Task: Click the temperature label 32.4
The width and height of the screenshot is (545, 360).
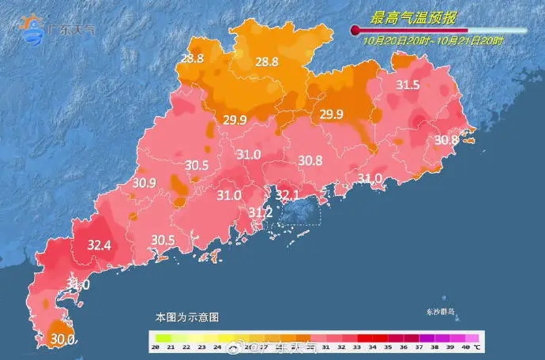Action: click(x=99, y=245)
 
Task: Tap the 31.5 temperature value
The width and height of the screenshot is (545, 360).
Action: click(x=408, y=85)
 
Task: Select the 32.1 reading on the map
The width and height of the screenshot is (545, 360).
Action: click(x=288, y=194)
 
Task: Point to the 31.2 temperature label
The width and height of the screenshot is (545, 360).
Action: click(x=261, y=212)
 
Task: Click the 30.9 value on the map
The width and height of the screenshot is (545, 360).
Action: click(x=145, y=183)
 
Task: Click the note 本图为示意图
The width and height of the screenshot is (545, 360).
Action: click(x=186, y=317)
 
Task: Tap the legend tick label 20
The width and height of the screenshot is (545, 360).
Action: click(x=156, y=347)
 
